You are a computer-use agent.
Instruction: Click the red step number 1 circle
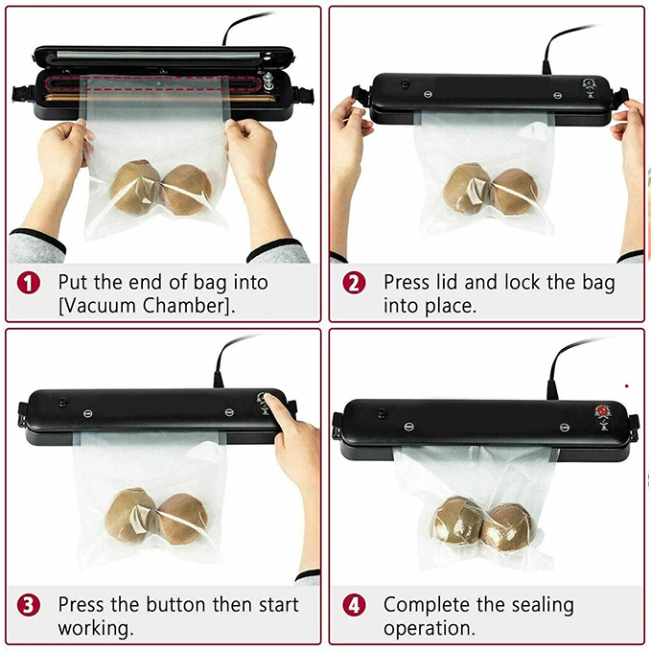click(31, 283)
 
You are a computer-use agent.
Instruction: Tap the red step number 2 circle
click(355, 283)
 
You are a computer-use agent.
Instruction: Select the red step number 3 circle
click(31, 605)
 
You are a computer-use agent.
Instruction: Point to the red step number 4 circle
click(355, 605)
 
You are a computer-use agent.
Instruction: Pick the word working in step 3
click(93, 629)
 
